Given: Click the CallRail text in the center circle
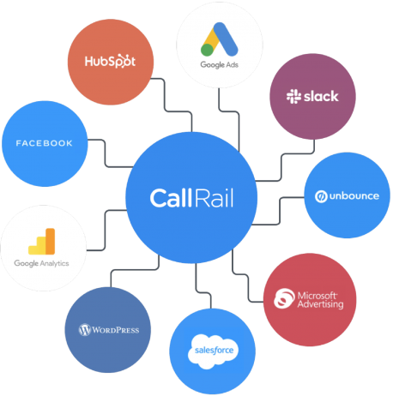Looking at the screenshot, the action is pos(191,198).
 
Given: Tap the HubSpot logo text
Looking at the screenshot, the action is pos(110,61).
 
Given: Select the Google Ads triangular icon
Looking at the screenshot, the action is pos(220,39).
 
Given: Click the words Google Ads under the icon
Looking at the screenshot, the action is pos(220,65).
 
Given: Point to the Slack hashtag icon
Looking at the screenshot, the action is pos(293,96).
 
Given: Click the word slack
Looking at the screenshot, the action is pos(321,96).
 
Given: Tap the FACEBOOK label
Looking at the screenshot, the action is pos(44,143).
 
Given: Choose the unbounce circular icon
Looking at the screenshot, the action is pos(321,196).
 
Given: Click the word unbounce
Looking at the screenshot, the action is pos(354,196).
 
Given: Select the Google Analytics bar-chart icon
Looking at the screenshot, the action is pos(42,242).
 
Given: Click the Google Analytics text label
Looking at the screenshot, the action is pos(41,263).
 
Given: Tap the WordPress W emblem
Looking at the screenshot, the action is pos(85,330).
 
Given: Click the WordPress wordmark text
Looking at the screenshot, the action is pos(116,330).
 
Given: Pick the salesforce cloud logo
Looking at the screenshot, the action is pos(214,351).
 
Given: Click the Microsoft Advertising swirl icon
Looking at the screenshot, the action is pos(284,298).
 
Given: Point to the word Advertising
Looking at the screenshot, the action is pos(320,304).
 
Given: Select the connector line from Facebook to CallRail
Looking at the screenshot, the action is pos(106,153).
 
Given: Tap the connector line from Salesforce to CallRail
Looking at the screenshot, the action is pos(203,292).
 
